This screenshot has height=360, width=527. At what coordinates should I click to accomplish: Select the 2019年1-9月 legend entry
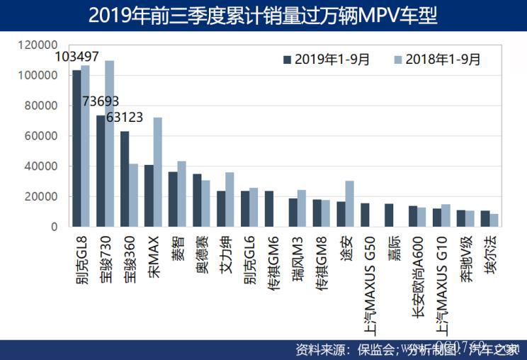[327, 60]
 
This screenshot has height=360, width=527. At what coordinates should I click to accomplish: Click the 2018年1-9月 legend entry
[436, 60]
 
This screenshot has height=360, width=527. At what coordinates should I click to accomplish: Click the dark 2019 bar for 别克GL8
[76, 149]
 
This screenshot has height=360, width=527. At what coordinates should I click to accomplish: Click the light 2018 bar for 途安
[349, 203]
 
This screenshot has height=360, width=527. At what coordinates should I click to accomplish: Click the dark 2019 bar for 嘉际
[389, 215]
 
